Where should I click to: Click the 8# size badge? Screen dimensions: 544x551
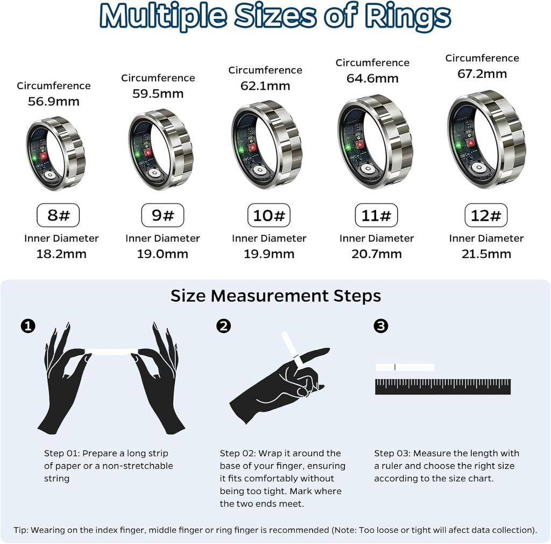click(x=58, y=216)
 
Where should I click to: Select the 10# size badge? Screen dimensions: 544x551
click(x=269, y=216)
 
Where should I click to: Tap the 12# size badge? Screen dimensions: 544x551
click(x=486, y=216)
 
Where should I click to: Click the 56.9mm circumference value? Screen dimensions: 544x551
click(x=54, y=101)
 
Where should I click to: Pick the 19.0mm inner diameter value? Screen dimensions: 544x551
click(x=163, y=254)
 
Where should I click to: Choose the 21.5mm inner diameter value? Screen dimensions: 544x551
click(x=486, y=254)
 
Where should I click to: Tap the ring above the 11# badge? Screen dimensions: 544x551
click(x=375, y=141)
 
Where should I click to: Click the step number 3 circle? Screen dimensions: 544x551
click(x=381, y=326)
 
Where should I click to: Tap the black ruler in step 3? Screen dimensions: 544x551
click(x=442, y=386)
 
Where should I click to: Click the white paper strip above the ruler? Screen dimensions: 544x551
click(x=405, y=367)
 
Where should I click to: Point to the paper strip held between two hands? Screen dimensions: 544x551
click(x=112, y=352)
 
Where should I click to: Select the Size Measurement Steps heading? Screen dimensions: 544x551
click(x=275, y=296)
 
